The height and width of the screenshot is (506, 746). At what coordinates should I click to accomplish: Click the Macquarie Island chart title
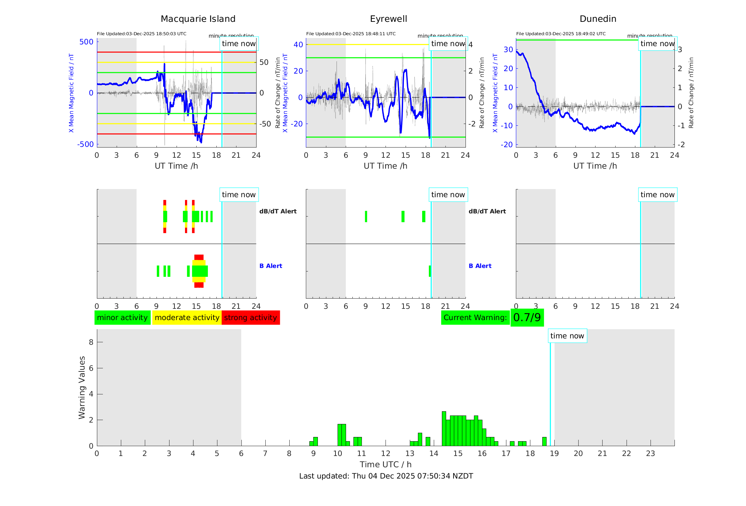198,19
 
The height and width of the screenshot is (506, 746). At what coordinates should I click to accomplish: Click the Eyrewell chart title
388,19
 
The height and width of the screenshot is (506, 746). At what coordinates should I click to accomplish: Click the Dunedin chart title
598,19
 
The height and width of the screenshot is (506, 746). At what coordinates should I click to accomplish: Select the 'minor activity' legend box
122,318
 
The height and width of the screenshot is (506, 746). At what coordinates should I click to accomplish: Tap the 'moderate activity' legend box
187,318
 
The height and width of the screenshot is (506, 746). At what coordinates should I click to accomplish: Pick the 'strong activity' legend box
251,318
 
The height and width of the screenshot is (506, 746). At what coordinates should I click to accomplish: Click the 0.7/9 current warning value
527,318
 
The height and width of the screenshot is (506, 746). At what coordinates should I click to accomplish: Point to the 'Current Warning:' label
475,318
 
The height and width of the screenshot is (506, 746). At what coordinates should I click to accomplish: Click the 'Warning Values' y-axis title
82,387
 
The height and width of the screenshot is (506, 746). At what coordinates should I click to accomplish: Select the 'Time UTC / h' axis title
386,464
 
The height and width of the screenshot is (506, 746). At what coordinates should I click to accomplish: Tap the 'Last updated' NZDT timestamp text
386,476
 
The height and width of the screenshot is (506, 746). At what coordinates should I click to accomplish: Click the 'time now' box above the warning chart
567,336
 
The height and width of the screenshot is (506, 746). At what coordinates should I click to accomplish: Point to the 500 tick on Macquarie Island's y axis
86,42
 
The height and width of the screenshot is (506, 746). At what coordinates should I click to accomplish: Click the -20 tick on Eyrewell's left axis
298,124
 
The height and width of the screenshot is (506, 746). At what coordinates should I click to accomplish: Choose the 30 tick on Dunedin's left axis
508,50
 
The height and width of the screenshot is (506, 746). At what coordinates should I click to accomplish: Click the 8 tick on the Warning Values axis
91,342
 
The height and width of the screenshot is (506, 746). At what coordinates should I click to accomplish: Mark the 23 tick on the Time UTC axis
650,454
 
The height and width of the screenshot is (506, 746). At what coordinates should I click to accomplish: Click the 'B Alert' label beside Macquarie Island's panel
271,266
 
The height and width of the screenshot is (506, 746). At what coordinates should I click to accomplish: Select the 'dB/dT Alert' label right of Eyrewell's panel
487,211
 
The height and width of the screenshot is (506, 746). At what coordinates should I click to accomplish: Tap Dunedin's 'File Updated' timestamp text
561,34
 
